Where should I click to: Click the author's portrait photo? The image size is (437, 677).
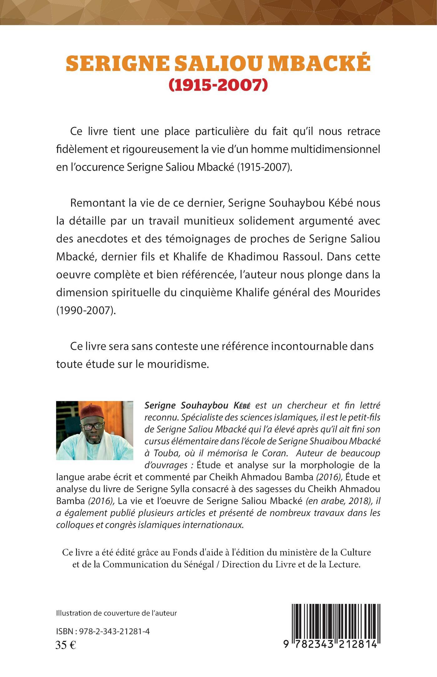[x=95, y=431]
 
